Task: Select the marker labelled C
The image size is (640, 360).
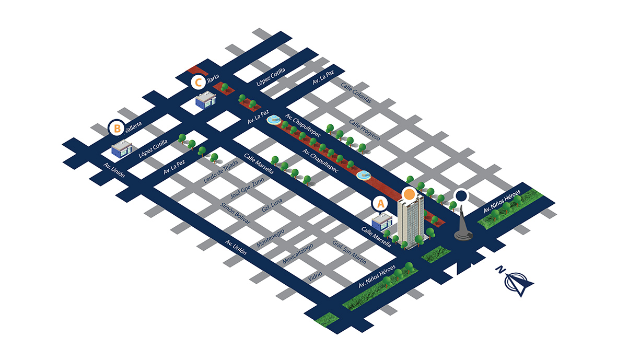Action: [198, 82]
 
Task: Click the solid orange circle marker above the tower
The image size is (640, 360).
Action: [410, 194]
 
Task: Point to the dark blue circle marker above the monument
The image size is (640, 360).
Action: [461, 196]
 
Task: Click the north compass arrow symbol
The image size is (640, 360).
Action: [517, 281]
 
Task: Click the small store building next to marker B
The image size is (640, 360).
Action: [123, 150]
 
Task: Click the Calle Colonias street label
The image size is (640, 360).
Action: [356, 93]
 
